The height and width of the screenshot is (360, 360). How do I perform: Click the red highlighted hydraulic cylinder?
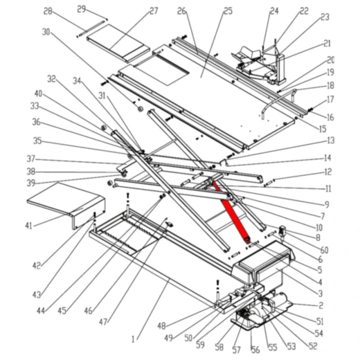click(x=231, y=213)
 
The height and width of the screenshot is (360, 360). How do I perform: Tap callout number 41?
click(x=28, y=226)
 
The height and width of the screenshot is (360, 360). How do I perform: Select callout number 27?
click(x=154, y=11)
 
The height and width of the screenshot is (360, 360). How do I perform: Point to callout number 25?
click(x=228, y=11)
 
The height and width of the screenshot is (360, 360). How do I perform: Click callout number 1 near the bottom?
click(x=133, y=339)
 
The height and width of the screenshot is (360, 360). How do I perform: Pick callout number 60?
click(x=324, y=250)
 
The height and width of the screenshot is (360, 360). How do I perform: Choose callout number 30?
click(x=46, y=32)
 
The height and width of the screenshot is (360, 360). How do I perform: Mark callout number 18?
click(x=330, y=86)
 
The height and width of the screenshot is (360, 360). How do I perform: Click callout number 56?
click(x=255, y=350)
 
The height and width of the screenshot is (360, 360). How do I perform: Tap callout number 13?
click(x=330, y=141)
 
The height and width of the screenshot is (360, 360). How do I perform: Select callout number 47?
click(x=103, y=321)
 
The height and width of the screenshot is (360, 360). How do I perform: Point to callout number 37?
click(x=31, y=159)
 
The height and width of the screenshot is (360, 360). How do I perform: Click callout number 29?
click(x=82, y=10)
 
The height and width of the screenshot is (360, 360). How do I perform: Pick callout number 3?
click(x=320, y=294)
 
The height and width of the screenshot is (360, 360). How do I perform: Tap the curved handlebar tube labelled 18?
click(x=279, y=102)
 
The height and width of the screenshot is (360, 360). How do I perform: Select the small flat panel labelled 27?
click(x=118, y=44)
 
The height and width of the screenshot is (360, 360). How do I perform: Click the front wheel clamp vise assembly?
click(x=260, y=64)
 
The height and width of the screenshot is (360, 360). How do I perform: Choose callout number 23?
click(x=325, y=17)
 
